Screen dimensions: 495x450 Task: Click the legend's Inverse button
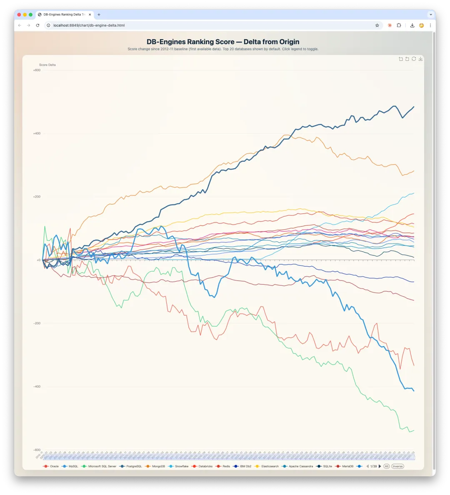[x=397, y=466]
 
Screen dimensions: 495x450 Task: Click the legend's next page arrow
[x=380, y=466]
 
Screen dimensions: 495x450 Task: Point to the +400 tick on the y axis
[x=37, y=133]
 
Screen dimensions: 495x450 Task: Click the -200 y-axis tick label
[x=37, y=323]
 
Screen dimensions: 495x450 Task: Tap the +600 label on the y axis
[x=37, y=70]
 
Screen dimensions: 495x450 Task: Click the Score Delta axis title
[x=47, y=65]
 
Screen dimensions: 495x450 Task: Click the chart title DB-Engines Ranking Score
[x=223, y=42]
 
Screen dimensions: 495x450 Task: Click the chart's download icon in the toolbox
[x=420, y=59]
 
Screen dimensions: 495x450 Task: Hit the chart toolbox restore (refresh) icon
[x=414, y=59]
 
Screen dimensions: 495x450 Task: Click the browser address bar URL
[x=89, y=25]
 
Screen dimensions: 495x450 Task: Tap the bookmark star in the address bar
[x=377, y=25]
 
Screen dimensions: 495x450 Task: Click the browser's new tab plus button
[x=99, y=15]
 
